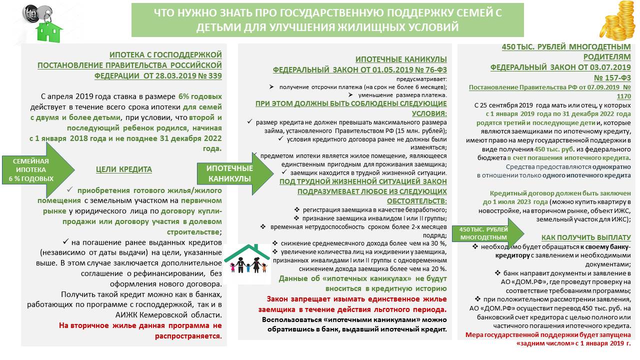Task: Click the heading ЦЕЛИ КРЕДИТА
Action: [x=123, y=169]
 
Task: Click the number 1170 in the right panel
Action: [x=623, y=96]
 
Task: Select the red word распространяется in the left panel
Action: [x=196, y=335]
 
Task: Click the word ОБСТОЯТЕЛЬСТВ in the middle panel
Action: [x=414, y=201]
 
